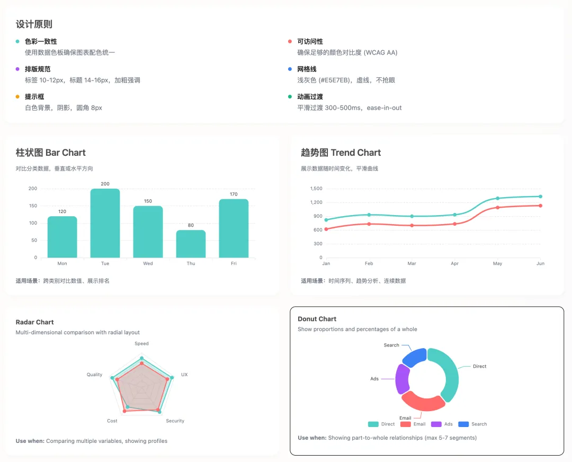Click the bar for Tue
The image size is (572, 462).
105,224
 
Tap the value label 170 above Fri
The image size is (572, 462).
234,194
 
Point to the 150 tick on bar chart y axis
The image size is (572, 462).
32,206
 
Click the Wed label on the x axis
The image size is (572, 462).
148,263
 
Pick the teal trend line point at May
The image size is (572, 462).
497,198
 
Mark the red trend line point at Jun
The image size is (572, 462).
540,206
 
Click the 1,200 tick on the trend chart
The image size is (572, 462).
316,202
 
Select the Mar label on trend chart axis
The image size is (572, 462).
412,263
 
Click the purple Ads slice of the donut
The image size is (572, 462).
402,379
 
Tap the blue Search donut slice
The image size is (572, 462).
415,358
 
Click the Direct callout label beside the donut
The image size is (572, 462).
479,367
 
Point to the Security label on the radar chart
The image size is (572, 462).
175,421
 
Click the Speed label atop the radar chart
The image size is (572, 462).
141,343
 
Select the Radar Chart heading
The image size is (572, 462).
34,322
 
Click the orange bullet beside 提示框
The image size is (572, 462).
17,97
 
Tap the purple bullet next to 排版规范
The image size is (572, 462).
17,69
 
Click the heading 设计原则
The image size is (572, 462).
34,24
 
